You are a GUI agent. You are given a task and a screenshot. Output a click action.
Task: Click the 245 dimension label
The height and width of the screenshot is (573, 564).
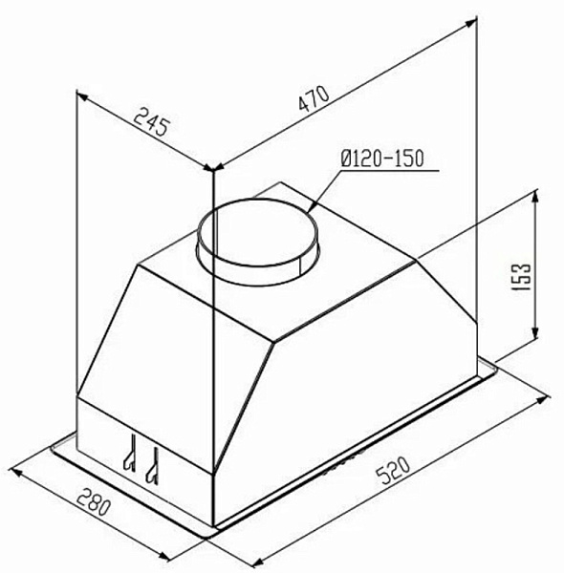point(151,122)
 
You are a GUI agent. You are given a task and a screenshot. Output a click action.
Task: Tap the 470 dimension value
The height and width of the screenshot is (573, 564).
point(314,98)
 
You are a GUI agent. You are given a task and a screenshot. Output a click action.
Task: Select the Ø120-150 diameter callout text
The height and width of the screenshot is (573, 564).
point(381,159)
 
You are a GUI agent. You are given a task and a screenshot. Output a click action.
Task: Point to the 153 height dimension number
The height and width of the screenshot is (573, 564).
point(521,277)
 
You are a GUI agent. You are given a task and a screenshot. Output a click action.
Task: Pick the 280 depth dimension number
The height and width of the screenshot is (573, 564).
point(94,503)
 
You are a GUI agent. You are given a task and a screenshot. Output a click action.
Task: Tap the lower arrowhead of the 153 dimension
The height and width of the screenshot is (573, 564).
point(535,332)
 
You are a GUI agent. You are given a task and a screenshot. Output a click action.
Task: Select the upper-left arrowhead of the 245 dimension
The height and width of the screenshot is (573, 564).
point(82,96)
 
